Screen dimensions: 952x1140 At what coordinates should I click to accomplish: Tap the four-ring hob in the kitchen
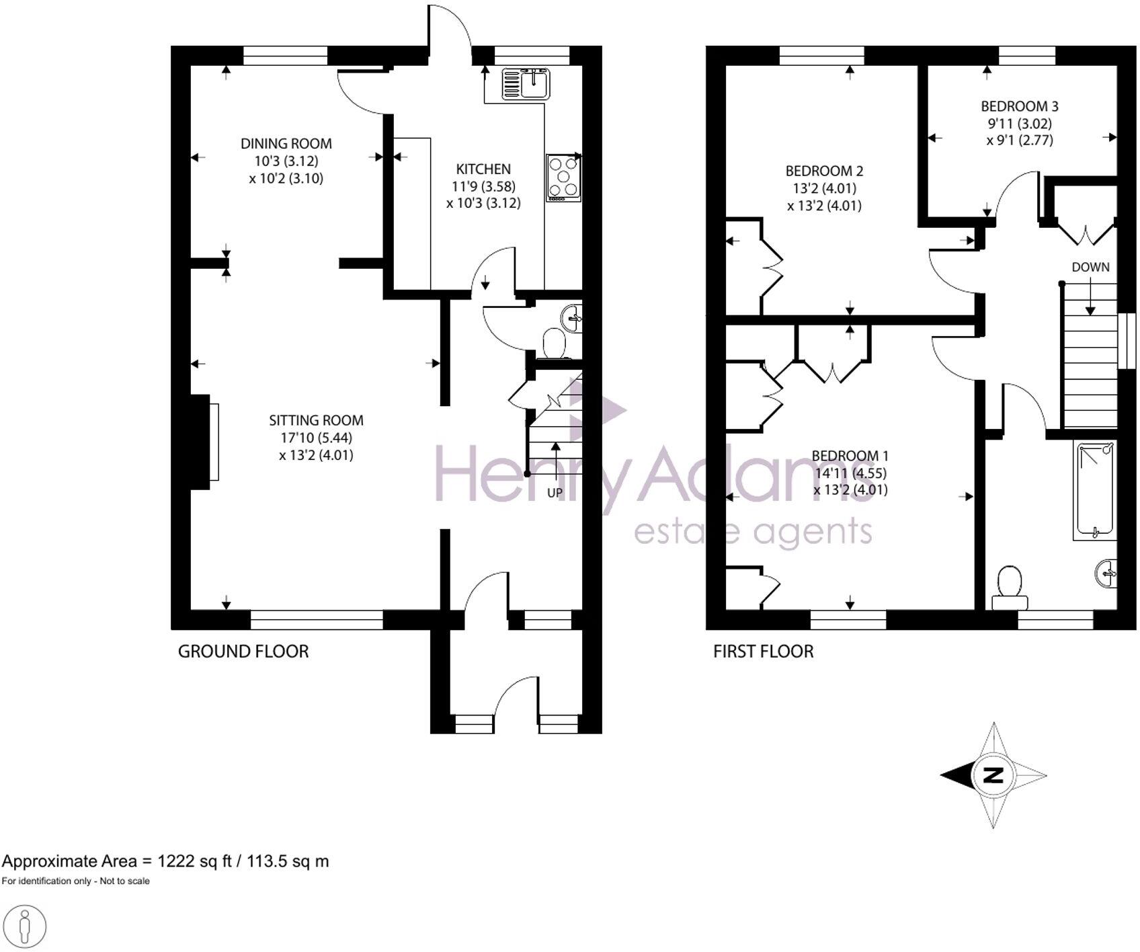click(563, 177)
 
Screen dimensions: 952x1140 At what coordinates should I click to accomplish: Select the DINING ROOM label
click(286, 143)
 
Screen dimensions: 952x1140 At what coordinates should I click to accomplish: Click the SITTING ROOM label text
click(316, 420)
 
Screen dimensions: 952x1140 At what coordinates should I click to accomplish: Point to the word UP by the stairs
click(555, 493)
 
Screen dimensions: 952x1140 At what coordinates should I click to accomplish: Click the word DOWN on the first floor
click(1090, 267)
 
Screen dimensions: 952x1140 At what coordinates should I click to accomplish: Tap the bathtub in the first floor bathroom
click(1094, 489)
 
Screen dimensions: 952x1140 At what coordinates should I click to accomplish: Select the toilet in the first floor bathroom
click(1010, 585)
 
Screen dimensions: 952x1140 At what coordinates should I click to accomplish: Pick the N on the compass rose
click(993, 775)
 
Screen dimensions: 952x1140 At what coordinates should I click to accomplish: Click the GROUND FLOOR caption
click(243, 651)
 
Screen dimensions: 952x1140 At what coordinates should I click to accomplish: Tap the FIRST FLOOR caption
click(763, 651)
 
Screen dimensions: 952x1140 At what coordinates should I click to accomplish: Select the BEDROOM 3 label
click(1019, 106)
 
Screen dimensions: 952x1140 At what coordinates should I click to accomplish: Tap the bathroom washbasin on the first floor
click(1108, 573)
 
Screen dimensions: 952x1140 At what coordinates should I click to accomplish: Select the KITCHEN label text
click(483, 169)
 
